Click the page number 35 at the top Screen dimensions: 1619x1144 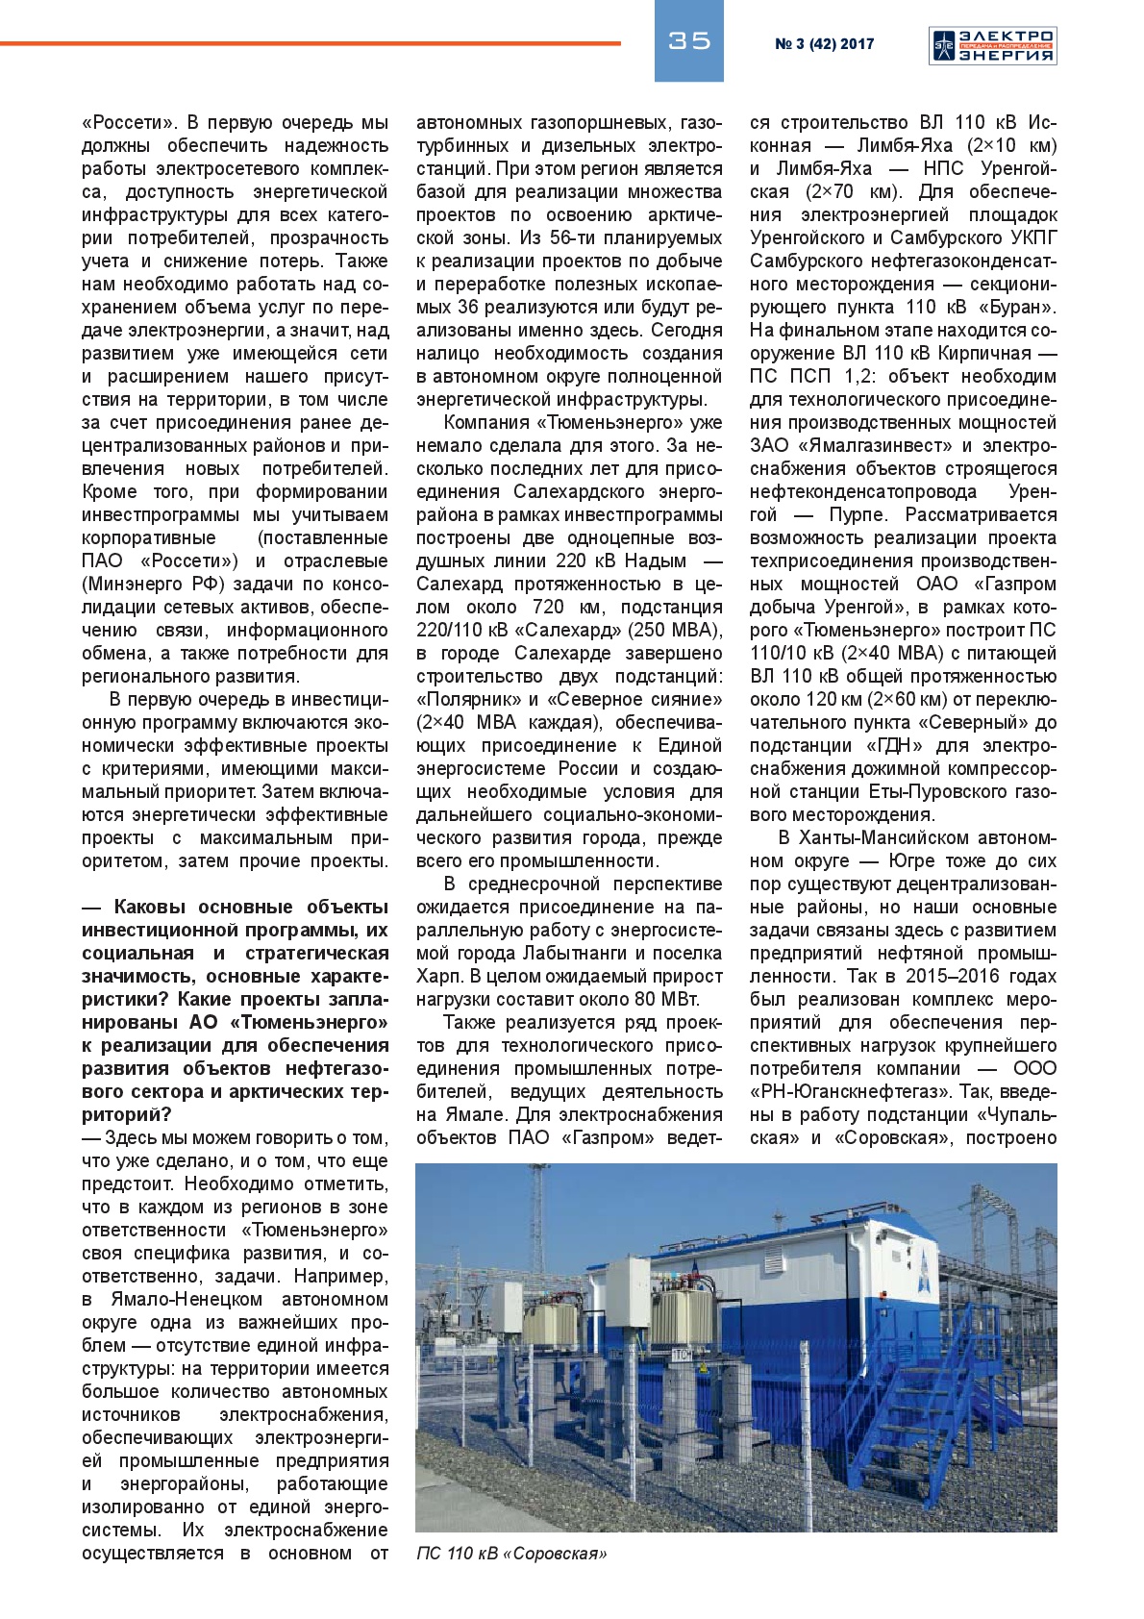click(688, 40)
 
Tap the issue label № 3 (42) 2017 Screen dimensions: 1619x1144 click(824, 44)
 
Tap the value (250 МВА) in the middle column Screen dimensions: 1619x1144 click(677, 631)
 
